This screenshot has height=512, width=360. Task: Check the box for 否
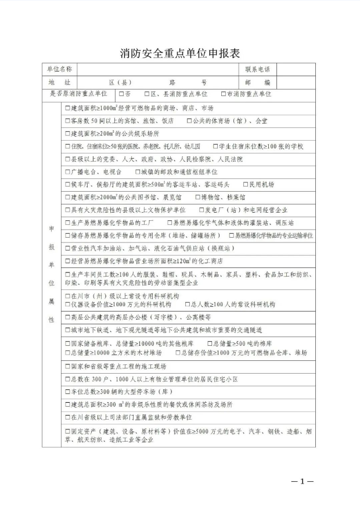click(x=121, y=94)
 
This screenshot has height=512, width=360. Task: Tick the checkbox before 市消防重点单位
click(x=224, y=94)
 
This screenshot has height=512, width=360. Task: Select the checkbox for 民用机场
click(x=245, y=185)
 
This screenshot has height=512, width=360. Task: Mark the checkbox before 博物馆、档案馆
click(x=191, y=198)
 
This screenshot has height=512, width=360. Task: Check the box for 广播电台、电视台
click(x=67, y=172)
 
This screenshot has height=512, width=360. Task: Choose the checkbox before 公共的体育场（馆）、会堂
click(x=189, y=121)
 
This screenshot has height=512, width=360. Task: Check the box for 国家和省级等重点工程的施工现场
click(x=67, y=366)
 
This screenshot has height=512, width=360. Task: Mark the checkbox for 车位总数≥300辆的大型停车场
click(x=67, y=392)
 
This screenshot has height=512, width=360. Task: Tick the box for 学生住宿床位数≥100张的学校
click(x=215, y=146)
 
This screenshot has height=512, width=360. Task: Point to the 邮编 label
click(x=257, y=83)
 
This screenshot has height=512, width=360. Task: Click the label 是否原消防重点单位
click(x=78, y=94)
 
